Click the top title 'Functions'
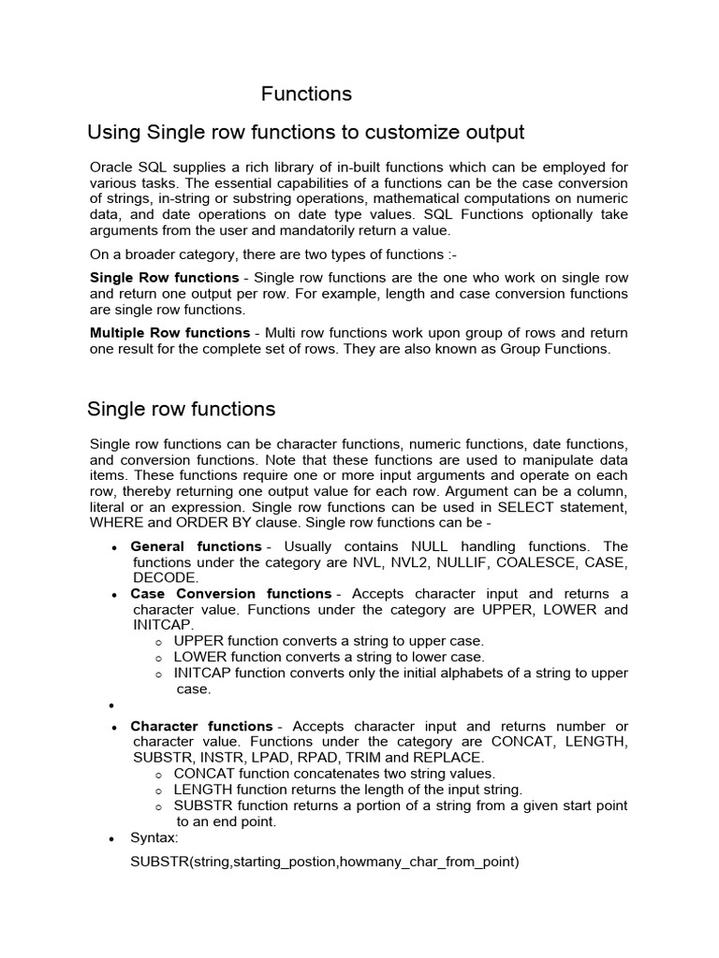306,94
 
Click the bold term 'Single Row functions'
164,278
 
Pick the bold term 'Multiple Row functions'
169,333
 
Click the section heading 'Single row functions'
181,409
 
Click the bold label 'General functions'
196,545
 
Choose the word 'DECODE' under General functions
166,577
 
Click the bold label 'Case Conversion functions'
230,593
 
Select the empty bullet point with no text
113,706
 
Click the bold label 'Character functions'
201,726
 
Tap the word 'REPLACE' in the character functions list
452,757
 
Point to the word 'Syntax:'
155,838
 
